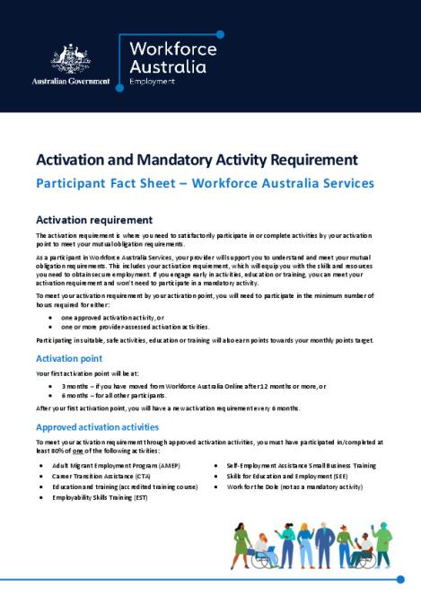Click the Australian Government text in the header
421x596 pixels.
[71, 82]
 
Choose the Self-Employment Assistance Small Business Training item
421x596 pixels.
[301, 466]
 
